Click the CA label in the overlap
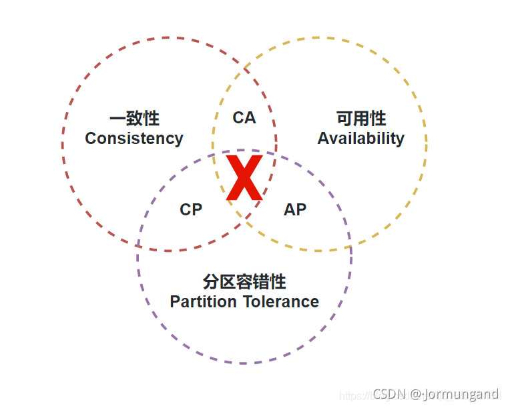244,118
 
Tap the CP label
191,209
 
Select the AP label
295,209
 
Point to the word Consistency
134,139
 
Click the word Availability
360,139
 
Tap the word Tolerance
280,302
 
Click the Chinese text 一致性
134,119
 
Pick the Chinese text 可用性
361,119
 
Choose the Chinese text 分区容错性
244,281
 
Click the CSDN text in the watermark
390,394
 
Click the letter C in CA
238,118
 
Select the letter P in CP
196,209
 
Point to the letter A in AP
290,209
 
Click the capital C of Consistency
91,139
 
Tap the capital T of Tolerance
246,302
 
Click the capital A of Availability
323,139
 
